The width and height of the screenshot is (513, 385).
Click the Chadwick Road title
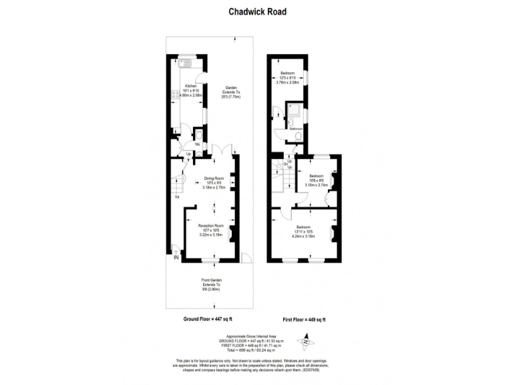pyautogui.click(x=256, y=11)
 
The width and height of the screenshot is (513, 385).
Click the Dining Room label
pyautogui.click(x=214, y=178)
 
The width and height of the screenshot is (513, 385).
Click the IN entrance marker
pyautogui.click(x=176, y=257)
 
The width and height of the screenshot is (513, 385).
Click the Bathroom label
pyautogui.click(x=296, y=128)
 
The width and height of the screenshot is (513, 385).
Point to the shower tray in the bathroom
pyautogui.click(x=293, y=113)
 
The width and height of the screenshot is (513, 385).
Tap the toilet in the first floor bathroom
pyautogui.click(x=297, y=137)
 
